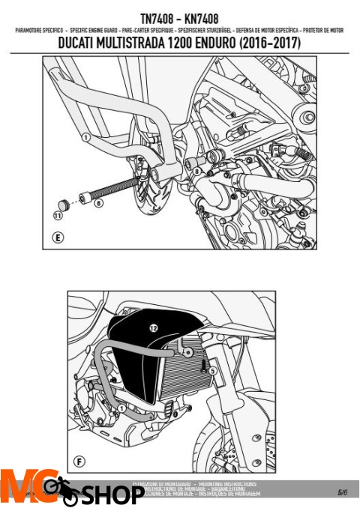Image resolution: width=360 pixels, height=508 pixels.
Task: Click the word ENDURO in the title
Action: coord(221,43)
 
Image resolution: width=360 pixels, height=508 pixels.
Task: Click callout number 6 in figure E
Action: coord(99,202)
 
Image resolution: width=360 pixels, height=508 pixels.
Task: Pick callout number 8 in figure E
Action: coord(196,172)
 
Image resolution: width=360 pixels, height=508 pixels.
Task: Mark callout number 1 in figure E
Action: coord(86,137)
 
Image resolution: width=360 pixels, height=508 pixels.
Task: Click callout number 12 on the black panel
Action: coord(153,327)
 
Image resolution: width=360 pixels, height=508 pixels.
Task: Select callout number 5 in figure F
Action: coord(212,370)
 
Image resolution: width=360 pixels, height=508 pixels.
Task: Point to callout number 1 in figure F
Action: coord(121,408)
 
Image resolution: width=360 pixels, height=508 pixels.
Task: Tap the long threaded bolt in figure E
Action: coord(112,189)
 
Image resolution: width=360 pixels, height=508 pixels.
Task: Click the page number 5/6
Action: coord(341,492)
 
